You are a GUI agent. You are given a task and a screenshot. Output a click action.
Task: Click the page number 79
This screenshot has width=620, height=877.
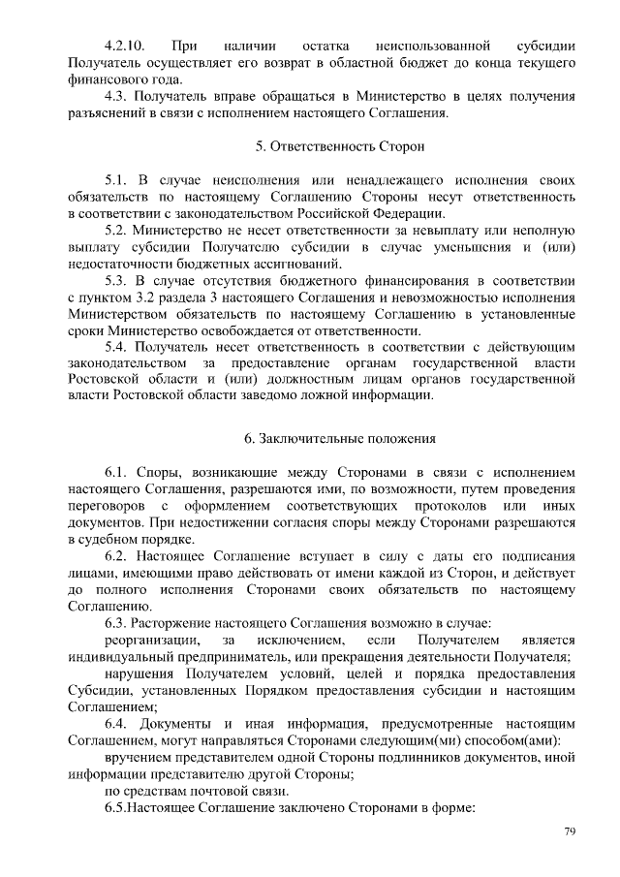[x=570, y=831]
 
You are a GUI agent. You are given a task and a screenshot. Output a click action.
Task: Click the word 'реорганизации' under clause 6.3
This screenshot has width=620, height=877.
[x=153, y=641]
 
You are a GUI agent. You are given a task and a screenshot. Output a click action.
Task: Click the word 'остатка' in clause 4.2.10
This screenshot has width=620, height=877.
[x=327, y=46]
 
